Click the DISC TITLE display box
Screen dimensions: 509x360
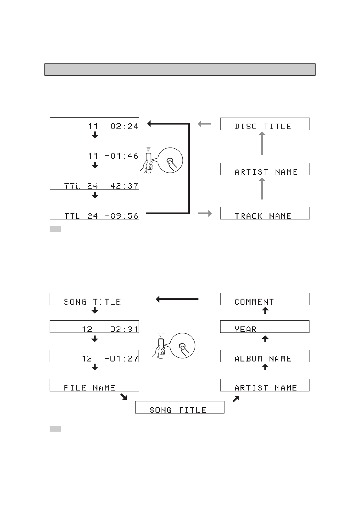point(265,124)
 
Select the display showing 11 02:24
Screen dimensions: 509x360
point(94,124)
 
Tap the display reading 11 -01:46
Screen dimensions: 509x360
point(94,153)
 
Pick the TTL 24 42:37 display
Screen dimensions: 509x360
point(94,183)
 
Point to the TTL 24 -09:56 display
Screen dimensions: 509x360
point(94,213)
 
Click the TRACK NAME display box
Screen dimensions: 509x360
point(265,213)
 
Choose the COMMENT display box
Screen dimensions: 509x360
point(265,299)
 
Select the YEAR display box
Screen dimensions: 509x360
point(265,327)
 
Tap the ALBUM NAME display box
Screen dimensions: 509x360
point(265,356)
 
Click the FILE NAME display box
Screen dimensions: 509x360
point(94,385)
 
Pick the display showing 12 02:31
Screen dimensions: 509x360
point(94,327)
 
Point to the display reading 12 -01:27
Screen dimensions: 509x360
point(94,356)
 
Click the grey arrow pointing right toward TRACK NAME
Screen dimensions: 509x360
point(205,214)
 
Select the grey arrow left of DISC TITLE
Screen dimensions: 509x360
point(205,124)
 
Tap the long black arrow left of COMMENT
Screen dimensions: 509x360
point(177,299)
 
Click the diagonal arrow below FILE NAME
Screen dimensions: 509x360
point(123,397)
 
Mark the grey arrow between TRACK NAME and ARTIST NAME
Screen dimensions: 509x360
point(262,189)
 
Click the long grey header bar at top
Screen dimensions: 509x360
point(180,70)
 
